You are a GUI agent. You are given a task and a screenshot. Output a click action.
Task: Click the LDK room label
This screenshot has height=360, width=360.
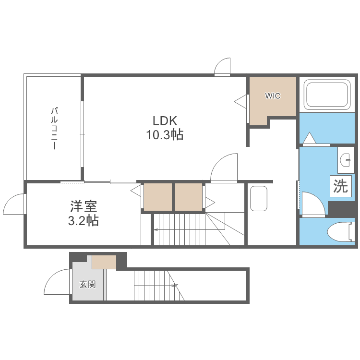[165, 120]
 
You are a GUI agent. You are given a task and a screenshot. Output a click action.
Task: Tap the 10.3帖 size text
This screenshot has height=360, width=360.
[165, 134]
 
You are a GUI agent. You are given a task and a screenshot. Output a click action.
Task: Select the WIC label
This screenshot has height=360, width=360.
[273, 96]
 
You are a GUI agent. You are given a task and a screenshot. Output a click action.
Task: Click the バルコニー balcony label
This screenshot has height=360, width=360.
[54, 128]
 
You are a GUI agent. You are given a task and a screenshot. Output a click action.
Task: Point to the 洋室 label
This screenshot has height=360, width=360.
[84, 206]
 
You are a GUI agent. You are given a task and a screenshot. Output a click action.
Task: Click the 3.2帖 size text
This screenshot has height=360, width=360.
[84, 221]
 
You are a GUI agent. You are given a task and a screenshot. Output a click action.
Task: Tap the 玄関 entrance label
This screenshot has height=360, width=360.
[87, 285]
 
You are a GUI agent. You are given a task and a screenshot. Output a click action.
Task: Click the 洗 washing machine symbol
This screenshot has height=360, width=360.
[341, 186]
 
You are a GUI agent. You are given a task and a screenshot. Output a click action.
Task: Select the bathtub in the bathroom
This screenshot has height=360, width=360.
[327, 95]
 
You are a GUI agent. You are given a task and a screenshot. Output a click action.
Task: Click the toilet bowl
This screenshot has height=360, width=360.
[341, 232]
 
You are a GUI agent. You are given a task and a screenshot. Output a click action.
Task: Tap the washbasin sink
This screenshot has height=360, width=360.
[346, 159]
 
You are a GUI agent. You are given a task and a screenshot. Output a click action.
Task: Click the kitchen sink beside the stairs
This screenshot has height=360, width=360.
[259, 199]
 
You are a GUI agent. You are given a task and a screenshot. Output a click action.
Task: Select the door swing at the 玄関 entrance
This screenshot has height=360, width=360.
[57, 282]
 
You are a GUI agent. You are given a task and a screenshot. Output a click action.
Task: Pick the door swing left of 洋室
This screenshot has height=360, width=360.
[14, 204]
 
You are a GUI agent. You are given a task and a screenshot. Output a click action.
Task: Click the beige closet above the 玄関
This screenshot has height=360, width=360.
[104, 262]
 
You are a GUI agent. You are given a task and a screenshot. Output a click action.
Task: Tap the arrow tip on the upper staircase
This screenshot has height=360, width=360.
[155, 229]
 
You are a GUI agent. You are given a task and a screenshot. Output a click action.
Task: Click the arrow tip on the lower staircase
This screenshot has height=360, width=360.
[177, 286]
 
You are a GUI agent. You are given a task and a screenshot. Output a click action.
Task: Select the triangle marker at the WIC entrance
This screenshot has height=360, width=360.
[240, 101]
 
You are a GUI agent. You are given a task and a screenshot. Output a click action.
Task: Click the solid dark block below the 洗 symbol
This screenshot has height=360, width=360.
[341, 209]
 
